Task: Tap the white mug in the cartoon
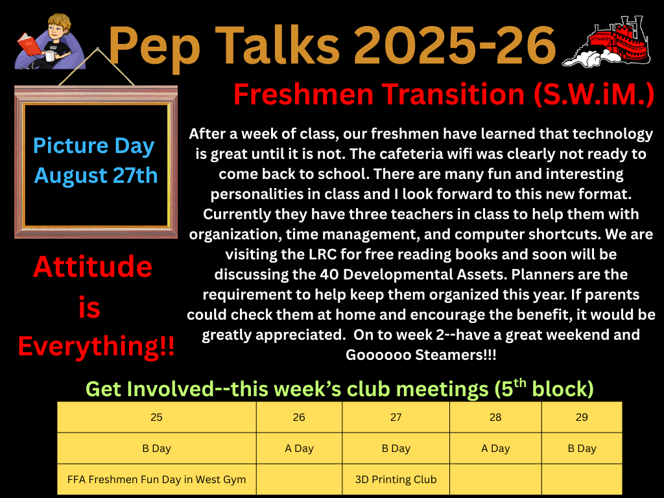pos(49,56)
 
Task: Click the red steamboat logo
pos(606,41)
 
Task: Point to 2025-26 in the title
pos(454,45)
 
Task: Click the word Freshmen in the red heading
pos(303,94)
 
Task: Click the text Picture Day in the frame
pos(93,146)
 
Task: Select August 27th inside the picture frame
pos(96,175)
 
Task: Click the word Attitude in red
pos(93,267)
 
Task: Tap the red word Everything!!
pos(96,346)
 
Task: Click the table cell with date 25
pos(157,417)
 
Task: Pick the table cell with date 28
pos(495,417)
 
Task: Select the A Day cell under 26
pos(299,448)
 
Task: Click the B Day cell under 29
pos(582,448)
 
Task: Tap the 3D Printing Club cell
pos(396,479)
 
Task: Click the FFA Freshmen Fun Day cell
pos(157,479)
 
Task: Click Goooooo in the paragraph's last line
pos(378,355)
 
